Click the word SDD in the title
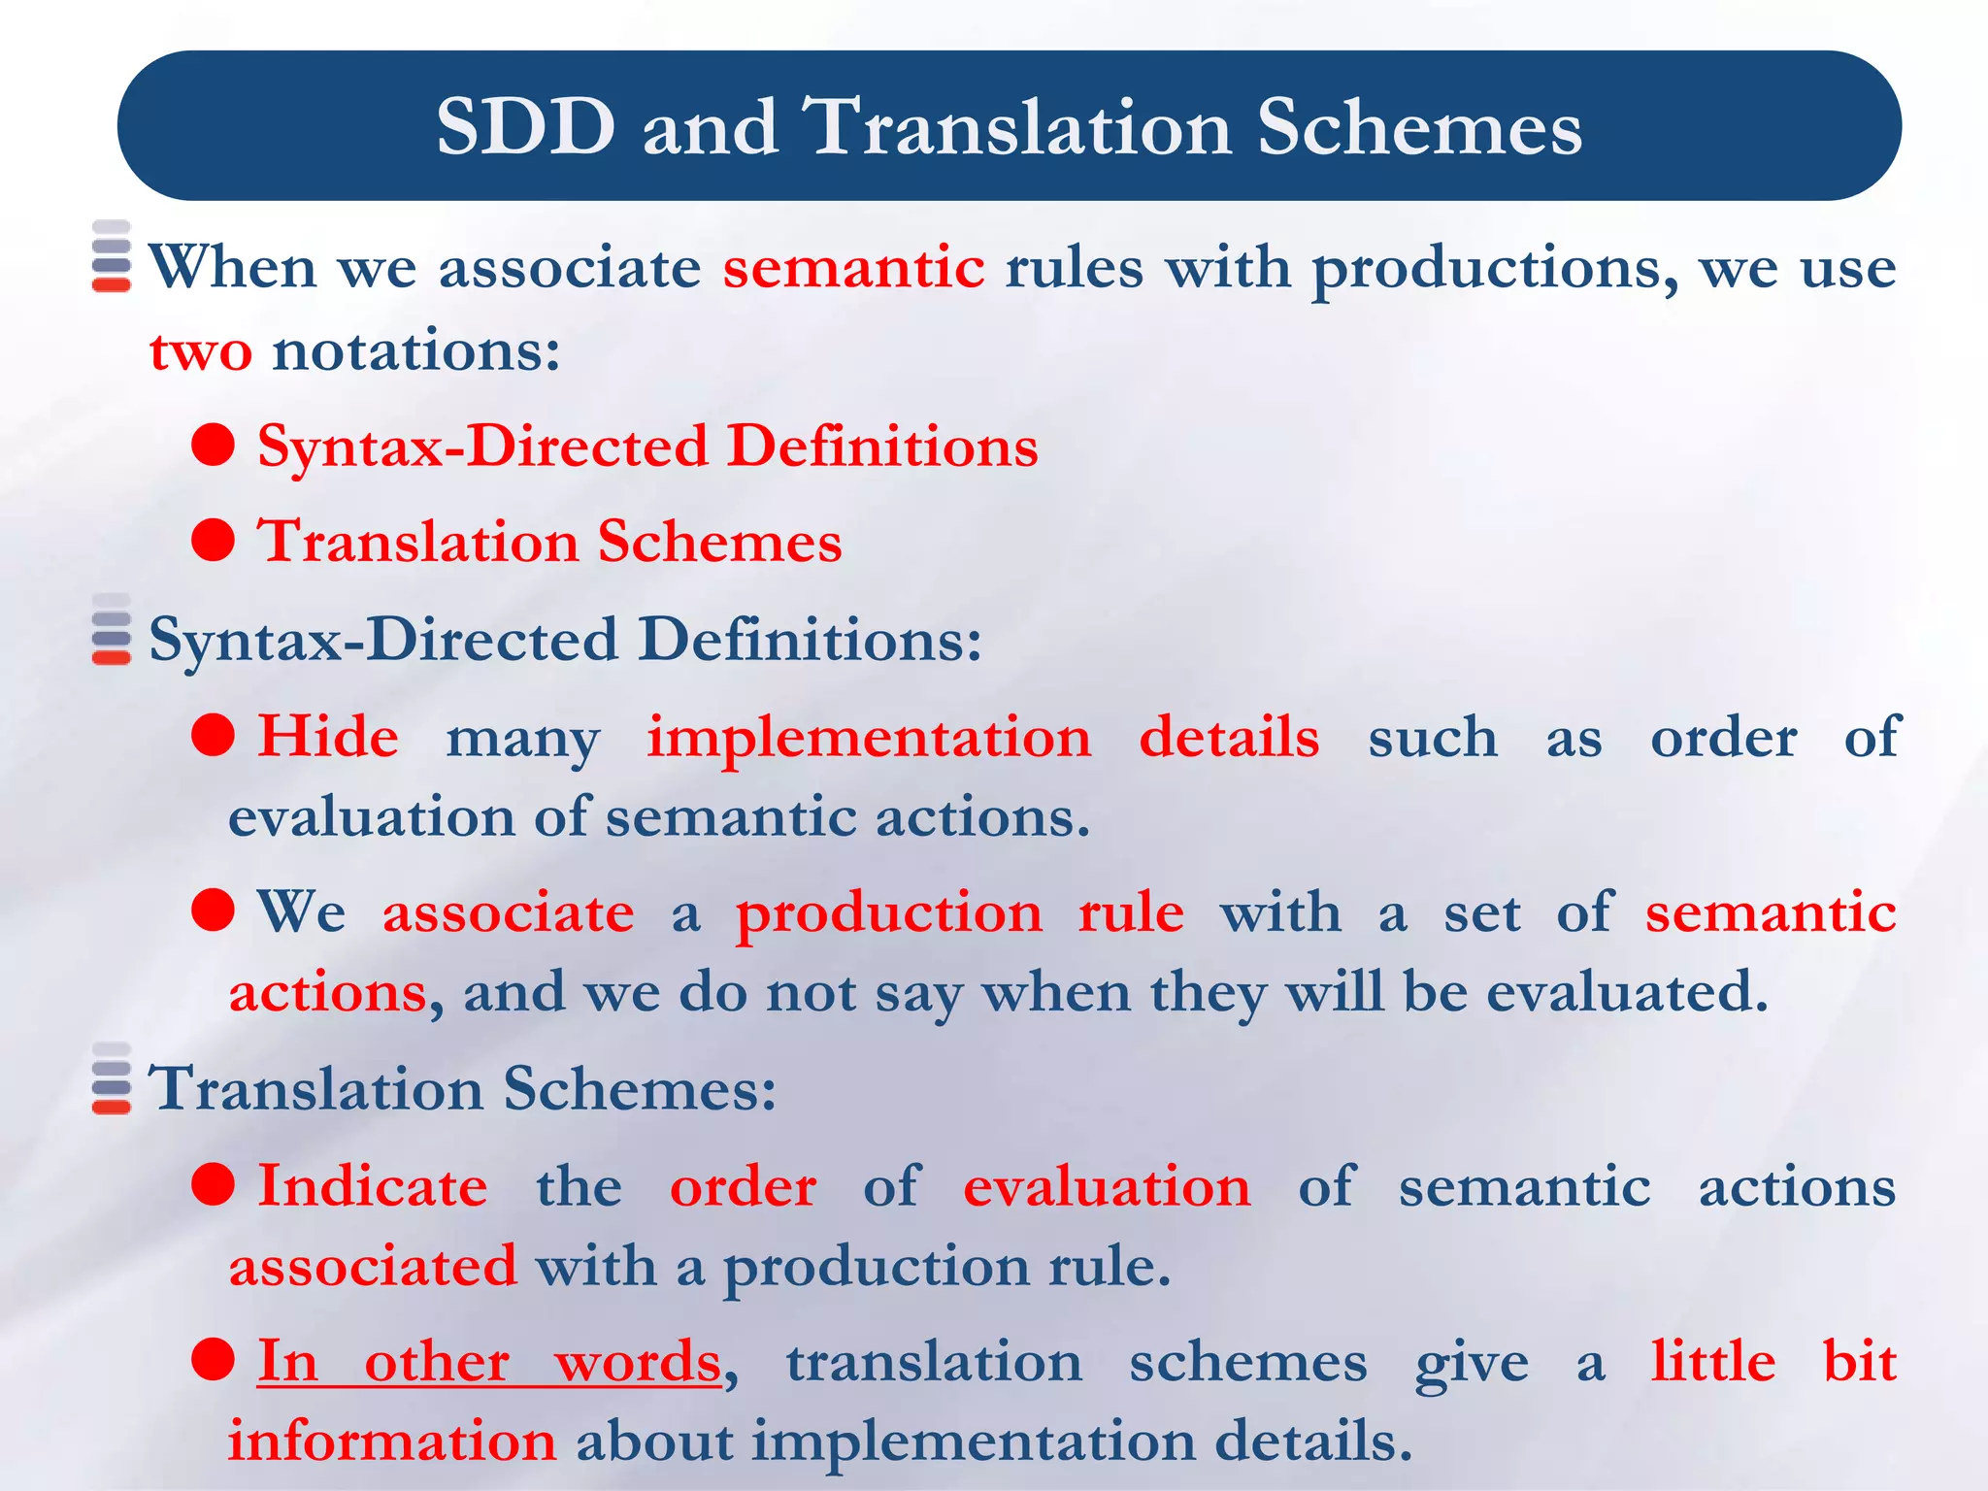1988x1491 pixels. (525, 127)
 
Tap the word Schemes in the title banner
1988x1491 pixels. (1419, 127)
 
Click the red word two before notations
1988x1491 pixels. (200, 351)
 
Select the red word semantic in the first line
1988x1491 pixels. (853, 268)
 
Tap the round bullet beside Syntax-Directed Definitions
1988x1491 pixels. (214, 445)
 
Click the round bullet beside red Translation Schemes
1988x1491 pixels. (214, 540)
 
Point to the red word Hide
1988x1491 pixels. (328, 737)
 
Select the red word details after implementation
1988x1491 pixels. (1228, 737)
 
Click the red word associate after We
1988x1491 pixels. (508, 913)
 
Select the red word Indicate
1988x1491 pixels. (372, 1187)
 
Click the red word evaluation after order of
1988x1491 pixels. (1107, 1187)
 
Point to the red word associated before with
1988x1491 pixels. (373, 1267)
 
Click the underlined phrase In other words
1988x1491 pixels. (489, 1362)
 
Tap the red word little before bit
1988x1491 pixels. (1713, 1362)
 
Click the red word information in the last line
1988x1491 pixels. (392, 1441)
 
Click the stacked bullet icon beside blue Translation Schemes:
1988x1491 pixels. (112, 1079)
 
